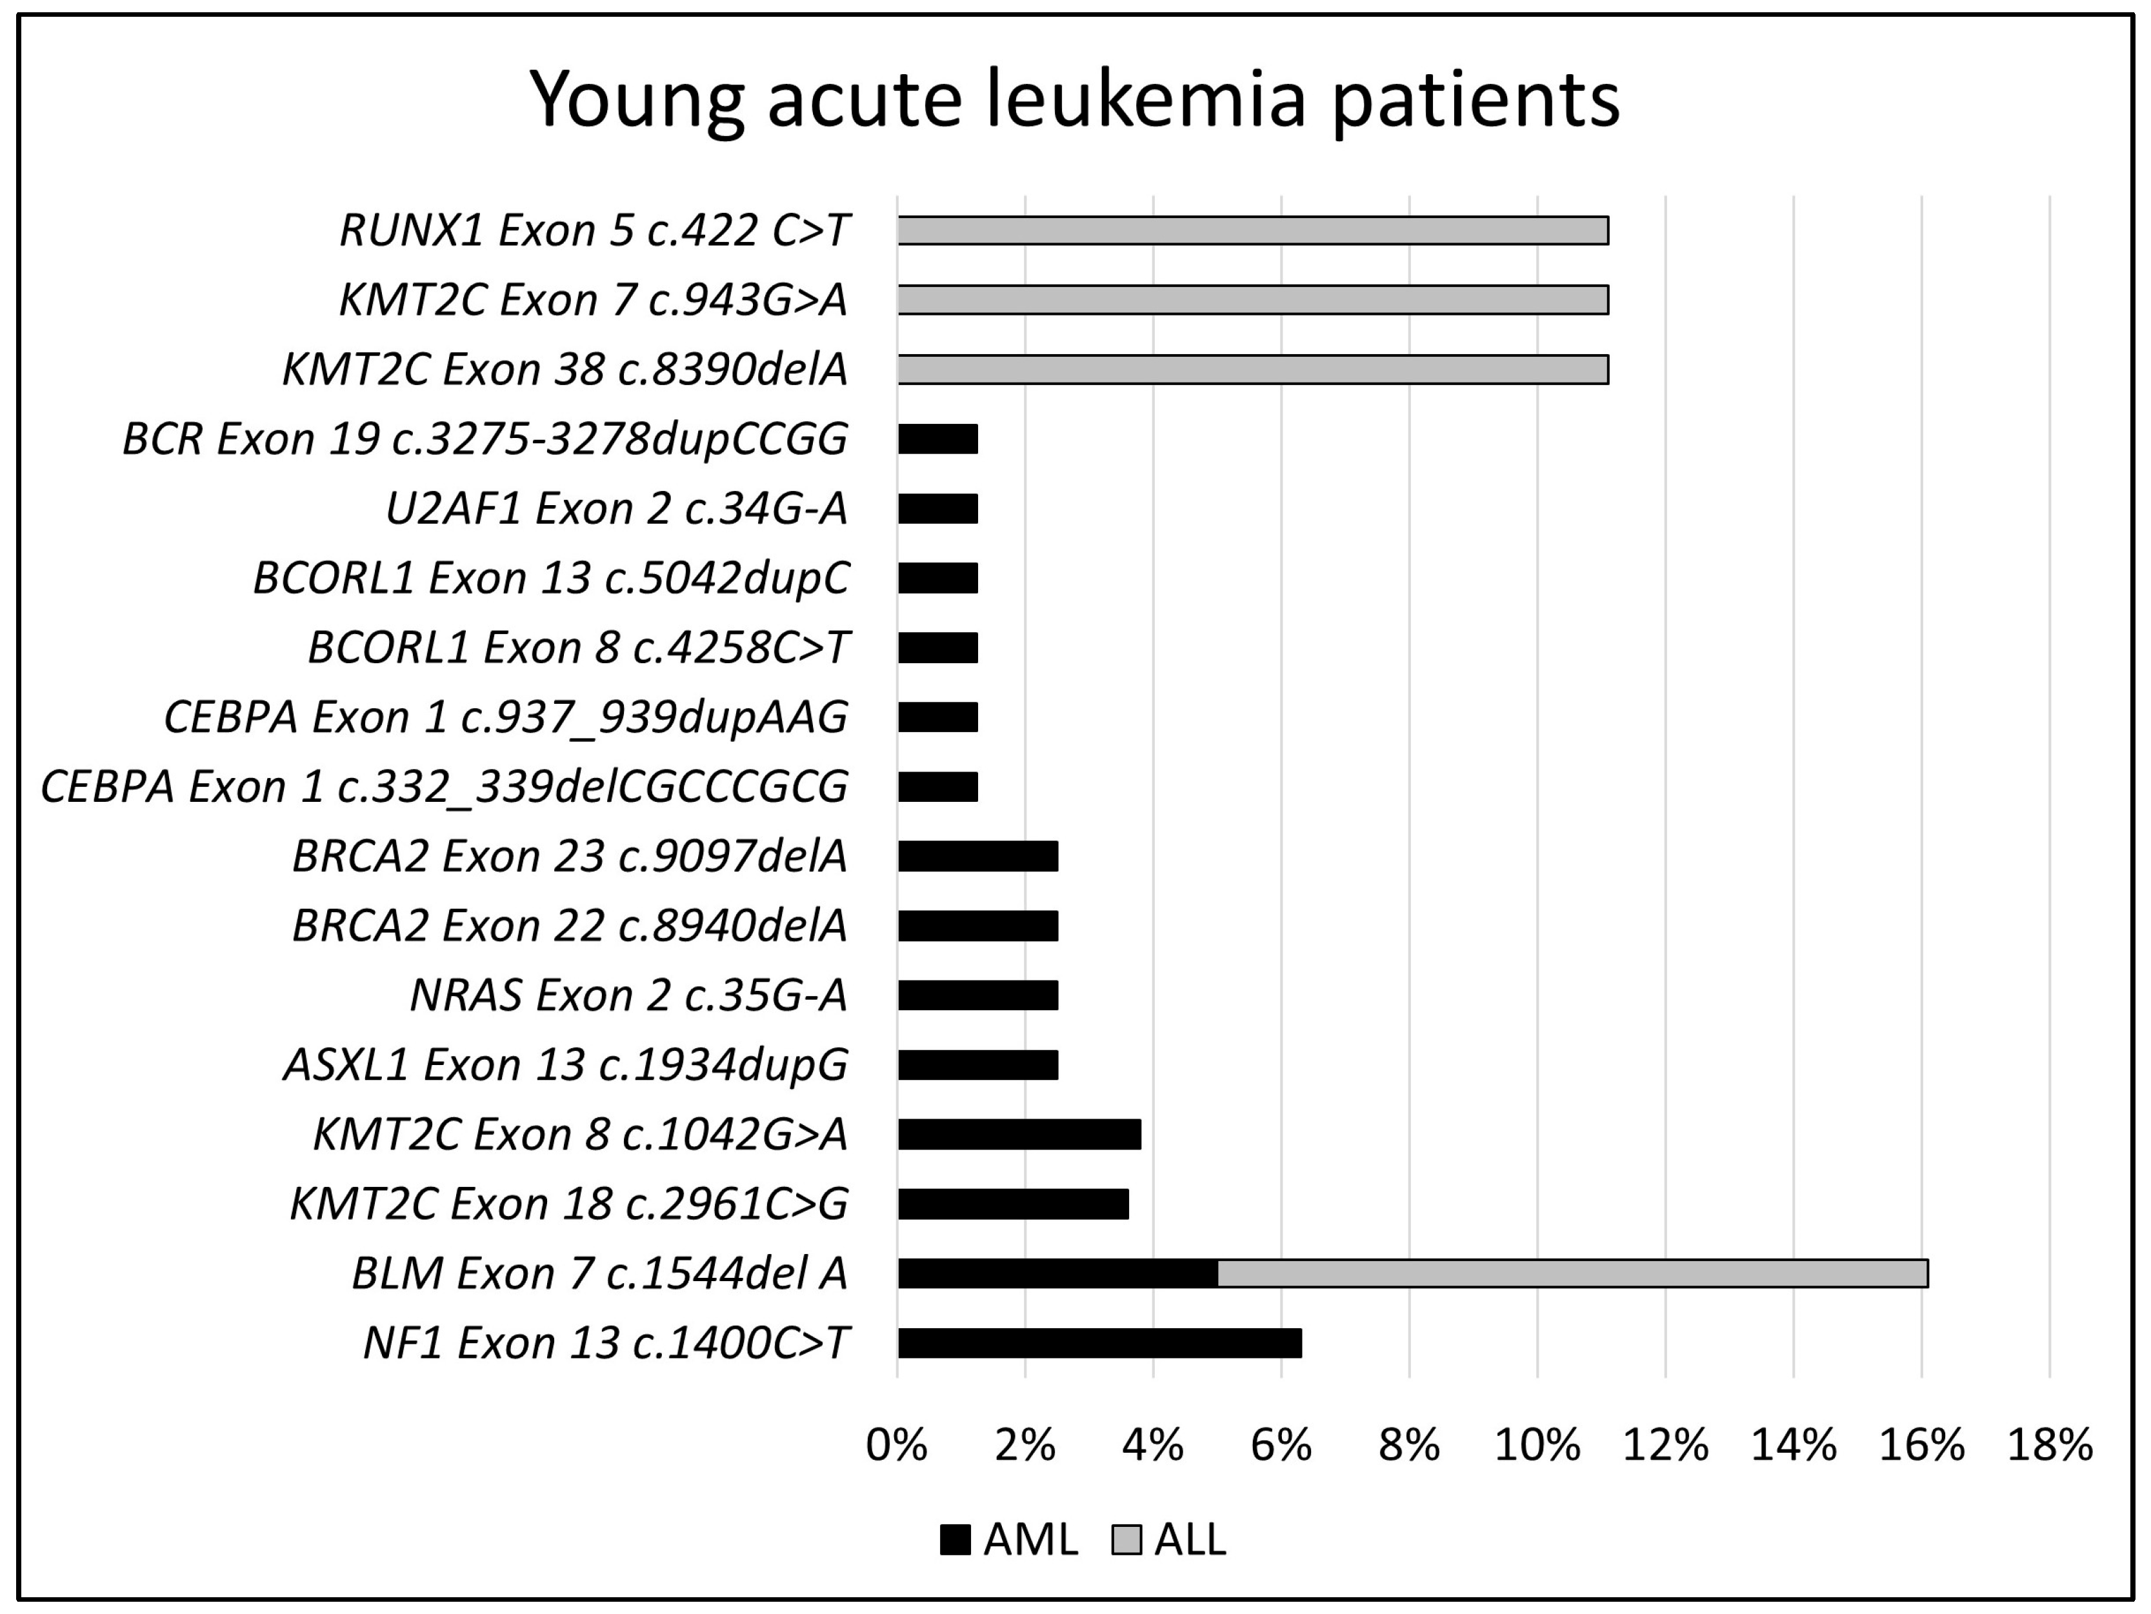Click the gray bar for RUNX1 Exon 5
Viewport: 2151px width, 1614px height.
click(x=1252, y=230)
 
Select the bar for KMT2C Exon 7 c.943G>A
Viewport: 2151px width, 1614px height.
click(x=1252, y=299)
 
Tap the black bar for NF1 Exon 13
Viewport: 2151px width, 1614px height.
click(x=1099, y=1342)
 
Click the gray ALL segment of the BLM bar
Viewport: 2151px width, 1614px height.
click(x=1572, y=1273)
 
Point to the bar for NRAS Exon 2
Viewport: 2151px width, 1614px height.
click(x=977, y=995)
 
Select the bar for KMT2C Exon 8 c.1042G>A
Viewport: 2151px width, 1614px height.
click(x=1019, y=1133)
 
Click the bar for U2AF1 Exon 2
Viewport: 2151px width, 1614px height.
click(x=937, y=508)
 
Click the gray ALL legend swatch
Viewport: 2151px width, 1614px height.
click(x=1126, y=1540)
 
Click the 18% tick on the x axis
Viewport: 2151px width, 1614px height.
click(x=2049, y=1446)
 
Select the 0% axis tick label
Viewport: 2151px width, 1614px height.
click(x=897, y=1446)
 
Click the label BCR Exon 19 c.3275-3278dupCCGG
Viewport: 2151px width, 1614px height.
click(x=485, y=439)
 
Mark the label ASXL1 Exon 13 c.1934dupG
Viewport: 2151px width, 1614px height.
click(x=566, y=1064)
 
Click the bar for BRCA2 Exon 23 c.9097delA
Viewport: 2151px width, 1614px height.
click(x=977, y=855)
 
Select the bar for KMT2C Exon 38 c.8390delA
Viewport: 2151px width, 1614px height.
click(x=1252, y=370)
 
